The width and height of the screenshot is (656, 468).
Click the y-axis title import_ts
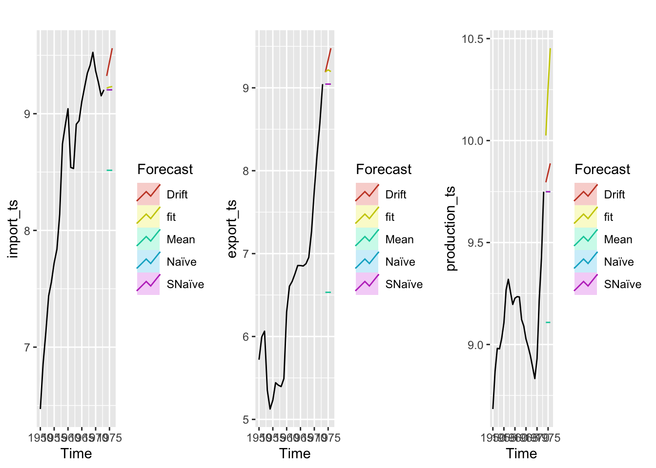point(13,229)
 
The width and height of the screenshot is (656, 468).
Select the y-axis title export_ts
point(232,229)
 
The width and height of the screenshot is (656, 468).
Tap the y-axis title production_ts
point(451,229)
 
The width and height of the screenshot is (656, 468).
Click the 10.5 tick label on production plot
point(472,39)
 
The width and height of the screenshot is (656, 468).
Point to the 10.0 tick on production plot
point(472,141)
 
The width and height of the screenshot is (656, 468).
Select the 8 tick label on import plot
point(27,231)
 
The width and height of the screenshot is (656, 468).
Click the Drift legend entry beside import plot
point(177,195)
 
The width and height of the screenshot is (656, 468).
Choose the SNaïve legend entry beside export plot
point(404,284)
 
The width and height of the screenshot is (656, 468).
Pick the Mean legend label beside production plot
point(617,239)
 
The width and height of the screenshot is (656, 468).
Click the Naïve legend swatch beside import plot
point(148,262)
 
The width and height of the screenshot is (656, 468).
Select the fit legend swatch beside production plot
point(586,217)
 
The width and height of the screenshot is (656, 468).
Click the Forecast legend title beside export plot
point(384,169)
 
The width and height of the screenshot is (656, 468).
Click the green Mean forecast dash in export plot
point(328,292)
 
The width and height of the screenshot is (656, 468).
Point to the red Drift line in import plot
point(110,61)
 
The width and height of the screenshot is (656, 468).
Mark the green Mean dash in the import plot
point(109,170)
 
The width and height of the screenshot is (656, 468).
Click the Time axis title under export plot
point(295,453)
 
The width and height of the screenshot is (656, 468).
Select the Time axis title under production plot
point(521,453)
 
